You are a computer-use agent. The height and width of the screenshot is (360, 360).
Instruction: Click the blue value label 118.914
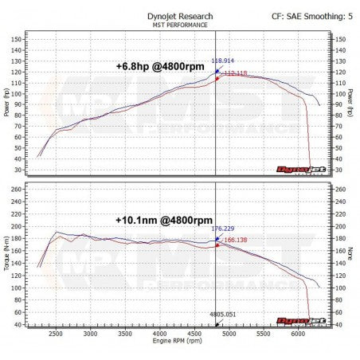point(224,61)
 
